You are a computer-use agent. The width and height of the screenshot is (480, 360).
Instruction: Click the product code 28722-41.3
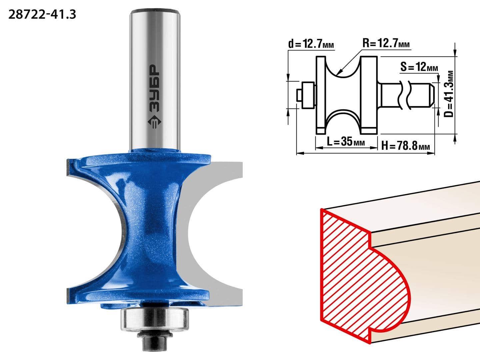(42, 15)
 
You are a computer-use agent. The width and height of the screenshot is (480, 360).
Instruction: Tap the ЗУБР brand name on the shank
(155, 88)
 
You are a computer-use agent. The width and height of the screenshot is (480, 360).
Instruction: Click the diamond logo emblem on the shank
(155, 122)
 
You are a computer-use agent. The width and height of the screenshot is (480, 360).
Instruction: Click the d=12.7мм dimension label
(311, 44)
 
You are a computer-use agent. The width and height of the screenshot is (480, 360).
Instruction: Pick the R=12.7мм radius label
(386, 43)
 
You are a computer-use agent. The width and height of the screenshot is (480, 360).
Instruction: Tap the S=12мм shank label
(419, 67)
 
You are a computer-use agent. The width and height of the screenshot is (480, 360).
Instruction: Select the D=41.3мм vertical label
(449, 94)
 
